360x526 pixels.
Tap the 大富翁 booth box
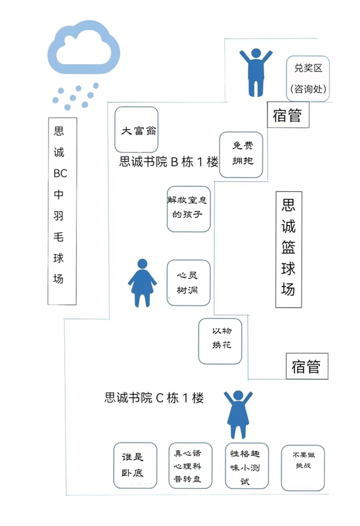[x=136, y=130]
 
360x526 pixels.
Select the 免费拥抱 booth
[x=241, y=155]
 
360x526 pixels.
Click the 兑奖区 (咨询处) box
[x=308, y=79]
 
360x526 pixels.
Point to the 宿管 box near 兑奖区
[x=288, y=115]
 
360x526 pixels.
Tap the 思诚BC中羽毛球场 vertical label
[x=62, y=210]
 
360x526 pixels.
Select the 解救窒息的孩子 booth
[x=189, y=208]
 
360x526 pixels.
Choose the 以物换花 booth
[x=220, y=341]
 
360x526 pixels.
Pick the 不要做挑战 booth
[x=303, y=466]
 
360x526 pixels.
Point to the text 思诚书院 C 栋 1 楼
[x=154, y=397]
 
